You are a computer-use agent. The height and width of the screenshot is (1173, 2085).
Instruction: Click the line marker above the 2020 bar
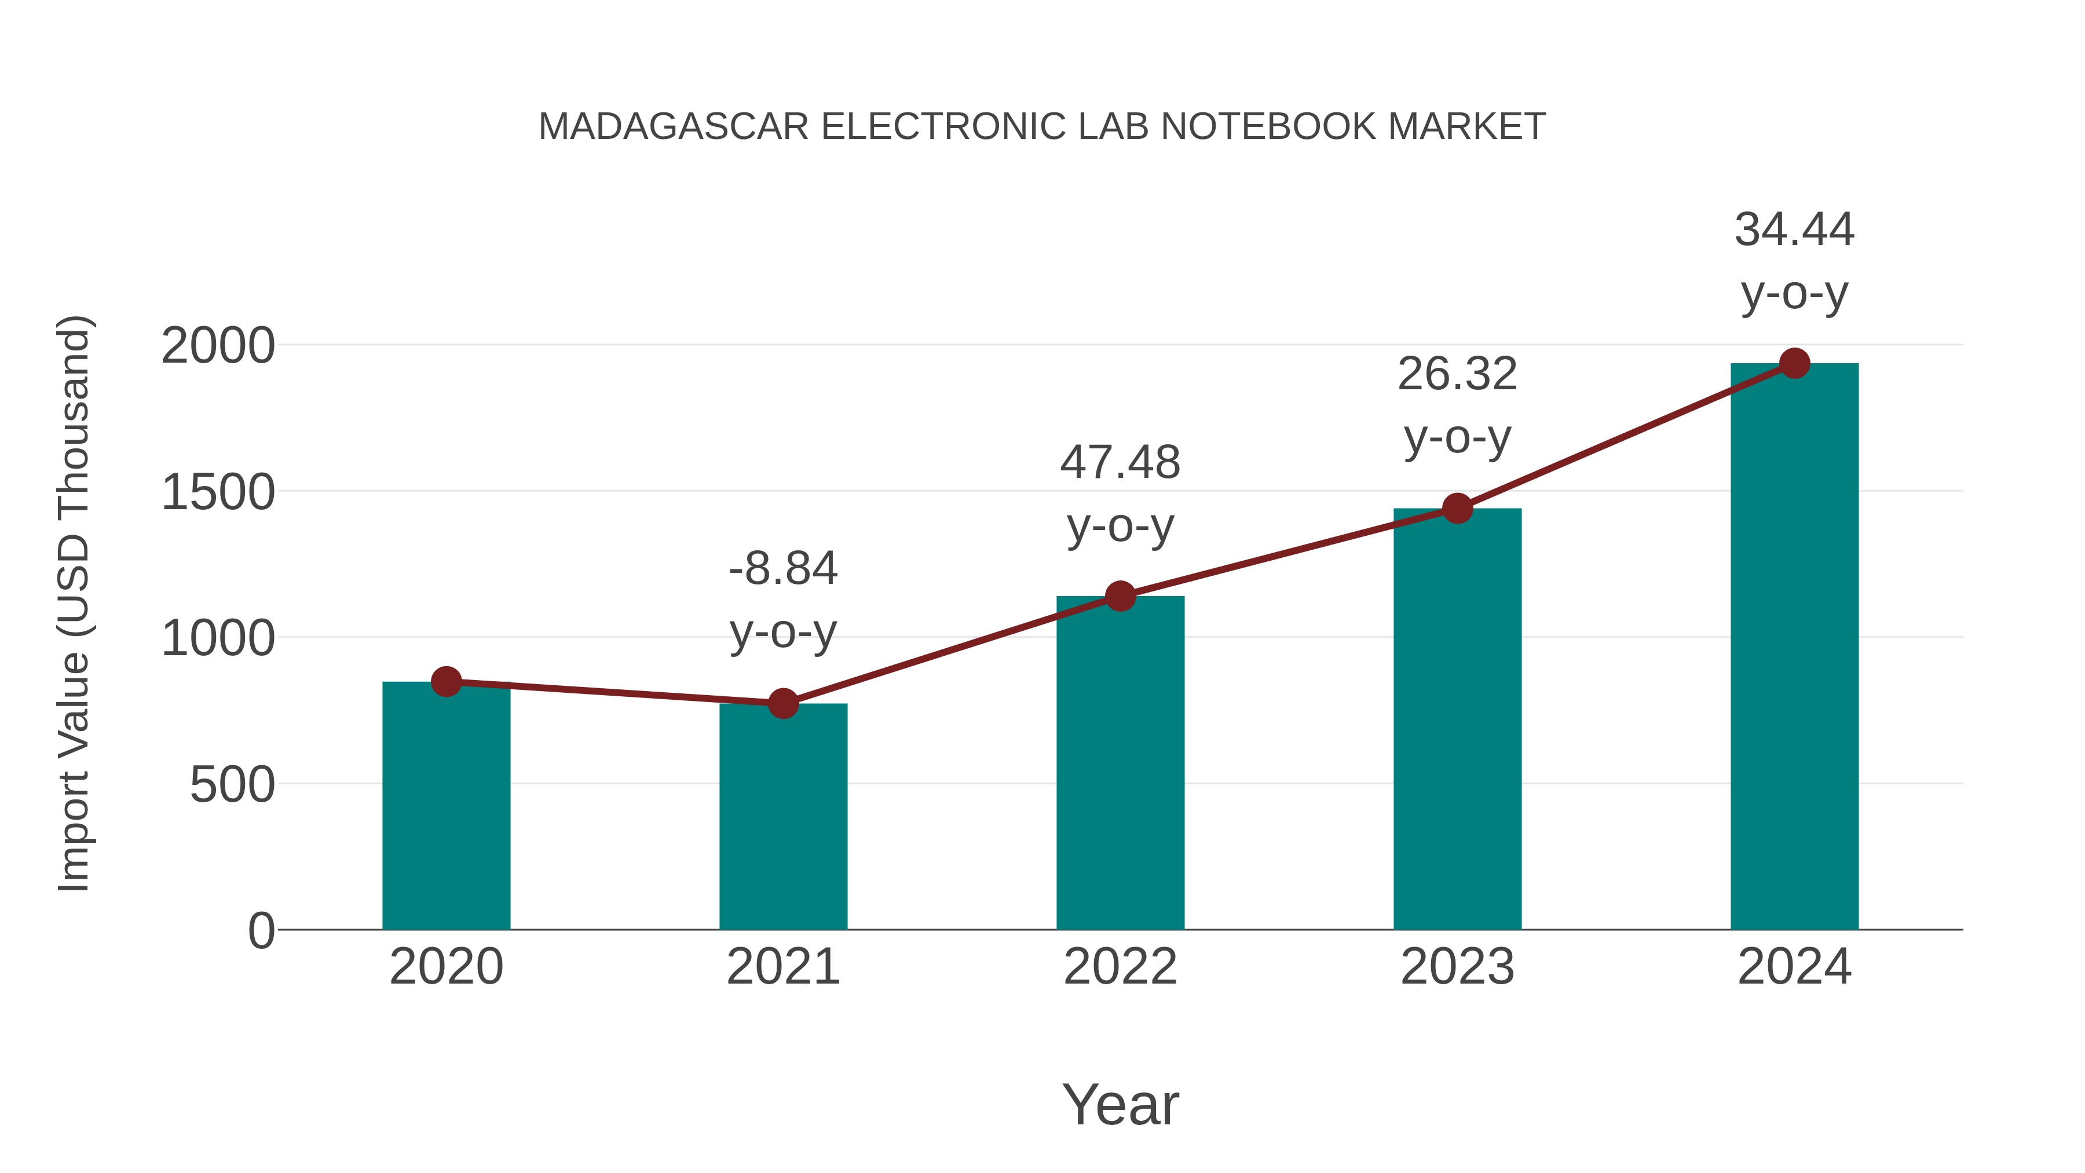click(446, 682)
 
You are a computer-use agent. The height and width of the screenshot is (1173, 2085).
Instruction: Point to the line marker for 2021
click(782, 703)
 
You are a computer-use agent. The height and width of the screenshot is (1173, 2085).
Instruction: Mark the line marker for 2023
click(1457, 509)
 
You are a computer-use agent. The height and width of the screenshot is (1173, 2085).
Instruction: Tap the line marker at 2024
click(1794, 363)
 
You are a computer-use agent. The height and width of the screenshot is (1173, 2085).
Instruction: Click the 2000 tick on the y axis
click(218, 346)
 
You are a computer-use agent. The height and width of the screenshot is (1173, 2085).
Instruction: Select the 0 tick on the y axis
click(261, 931)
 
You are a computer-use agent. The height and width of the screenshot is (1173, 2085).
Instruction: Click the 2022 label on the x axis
click(1120, 967)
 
